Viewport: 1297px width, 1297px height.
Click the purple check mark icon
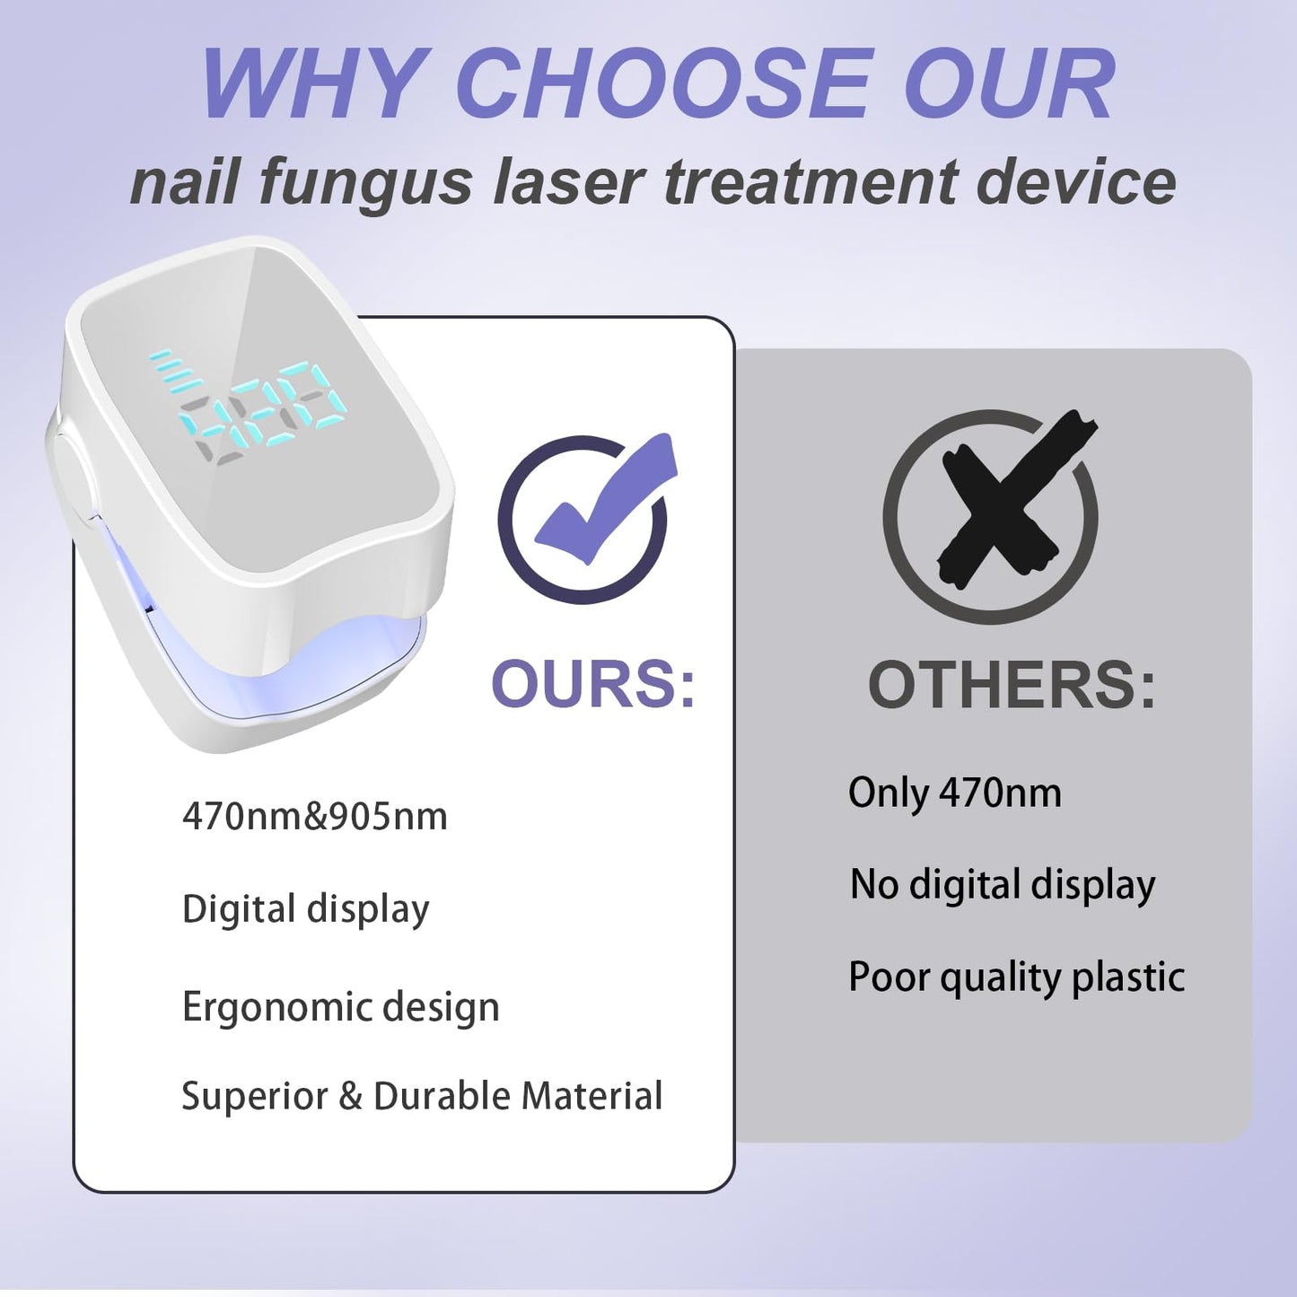tap(592, 512)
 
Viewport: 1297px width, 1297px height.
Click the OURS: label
tap(593, 685)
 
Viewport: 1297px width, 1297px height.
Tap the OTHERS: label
tap(1012, 686)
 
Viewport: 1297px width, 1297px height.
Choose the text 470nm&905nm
tap(314, 817)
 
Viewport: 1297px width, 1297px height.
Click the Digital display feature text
tap(305, 909)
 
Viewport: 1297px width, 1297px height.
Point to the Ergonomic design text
tap(340, 1007)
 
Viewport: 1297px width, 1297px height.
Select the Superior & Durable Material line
tap(422, 1096)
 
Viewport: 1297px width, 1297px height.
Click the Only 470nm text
tap(954, 793)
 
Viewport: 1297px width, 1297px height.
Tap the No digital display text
tap(1002, 885)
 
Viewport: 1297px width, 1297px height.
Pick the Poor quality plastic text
tap(1016, 977)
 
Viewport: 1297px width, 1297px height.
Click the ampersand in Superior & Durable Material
tap(350, 1096)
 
